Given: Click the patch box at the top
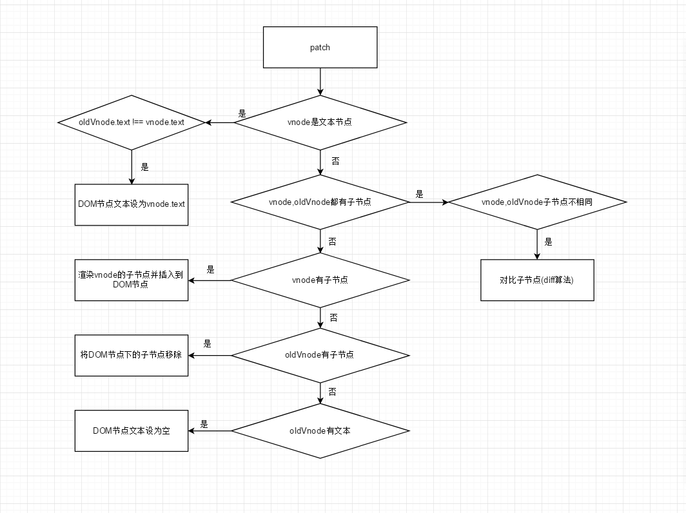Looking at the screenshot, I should pyautogui.click(x=320, y=47).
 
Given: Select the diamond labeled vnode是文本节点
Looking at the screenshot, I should pyautogui.click(x=320, y=122).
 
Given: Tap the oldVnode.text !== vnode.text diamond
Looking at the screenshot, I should pyautogui.click(x=132, y=122).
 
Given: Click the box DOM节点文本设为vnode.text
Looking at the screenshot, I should pyautogui.click(x=132, y=204).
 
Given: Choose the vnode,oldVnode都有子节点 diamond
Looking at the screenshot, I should pyautogui.click(x=320, y=202).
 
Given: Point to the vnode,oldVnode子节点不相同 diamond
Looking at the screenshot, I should pyautogui.click(x=537, y=202).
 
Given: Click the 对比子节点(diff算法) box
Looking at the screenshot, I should pyautogui.click(x=537, y=280).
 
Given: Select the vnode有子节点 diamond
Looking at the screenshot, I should pyautogui.click(x=320, y=280).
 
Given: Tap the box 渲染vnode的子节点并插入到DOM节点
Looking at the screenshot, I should pyautogui.click(x=132, y=280).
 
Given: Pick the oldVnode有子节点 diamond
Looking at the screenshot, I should pyautogui.click(x=320, y=355).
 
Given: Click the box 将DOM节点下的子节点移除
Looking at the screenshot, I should pyautogui.click(x=132, y=355).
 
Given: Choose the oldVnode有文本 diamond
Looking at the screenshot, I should pyautogui.click(x=320, y=431).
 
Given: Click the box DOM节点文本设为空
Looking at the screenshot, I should pyautogui.click(x=132, y=431).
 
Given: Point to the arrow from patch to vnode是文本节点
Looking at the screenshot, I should pyautogui.click(x=320, y=81).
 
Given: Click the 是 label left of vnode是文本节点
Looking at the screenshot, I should pyautogui.click(x=242, y=114).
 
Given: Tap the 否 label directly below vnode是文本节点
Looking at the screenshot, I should pyautogui.click(x=335, y=159).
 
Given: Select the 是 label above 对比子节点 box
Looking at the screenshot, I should pyautogui.click(x=549, y=242).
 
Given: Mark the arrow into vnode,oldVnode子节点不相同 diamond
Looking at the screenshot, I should pyautogui.click(x=429, y=202).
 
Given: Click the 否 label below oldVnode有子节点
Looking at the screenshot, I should pyautogui.click(x=332, y=392).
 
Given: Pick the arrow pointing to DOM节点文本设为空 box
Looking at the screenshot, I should pyautogui.click(x=210, y=431).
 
